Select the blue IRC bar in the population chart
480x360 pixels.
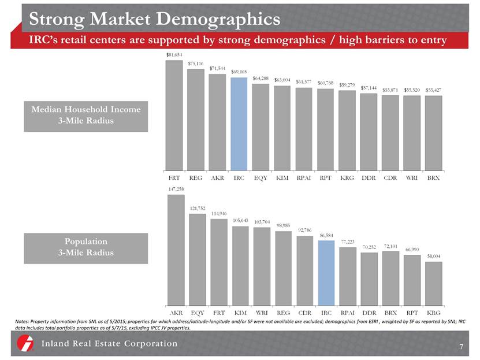(x=326, y=273)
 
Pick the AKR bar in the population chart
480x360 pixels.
(x=174, y=250)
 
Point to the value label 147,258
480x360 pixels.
(x=174, y=189)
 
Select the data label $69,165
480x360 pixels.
(x=239, y=72)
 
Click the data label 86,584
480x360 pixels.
(x=326, y=235)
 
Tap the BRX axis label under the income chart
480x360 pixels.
(x=433, y=178)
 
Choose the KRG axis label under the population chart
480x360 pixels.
(x=433, y=314)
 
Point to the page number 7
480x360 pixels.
(x=462, y=347)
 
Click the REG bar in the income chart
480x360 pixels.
(x=195, y=120)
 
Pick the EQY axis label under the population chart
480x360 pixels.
(x=195, y=314)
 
